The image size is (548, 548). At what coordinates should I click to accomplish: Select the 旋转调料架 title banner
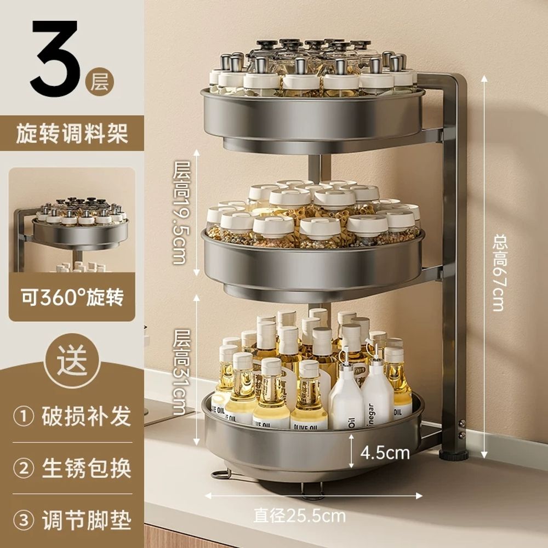point(72,134)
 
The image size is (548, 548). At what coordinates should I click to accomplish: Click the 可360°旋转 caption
point(72,298)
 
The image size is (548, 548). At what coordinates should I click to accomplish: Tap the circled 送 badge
point(71,363)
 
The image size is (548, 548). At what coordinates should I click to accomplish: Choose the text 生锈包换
point(87,469)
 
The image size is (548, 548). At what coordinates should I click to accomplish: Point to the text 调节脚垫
point(87,520)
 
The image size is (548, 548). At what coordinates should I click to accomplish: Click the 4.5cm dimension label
point(385,453)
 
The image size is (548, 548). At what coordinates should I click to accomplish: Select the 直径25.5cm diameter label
point(299,515)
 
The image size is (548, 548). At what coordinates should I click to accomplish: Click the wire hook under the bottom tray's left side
point(220,472)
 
